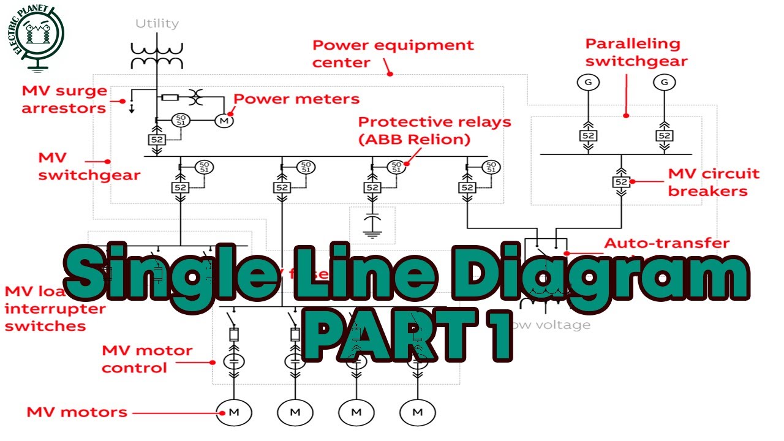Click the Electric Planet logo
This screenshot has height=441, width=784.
[x=38, y=38]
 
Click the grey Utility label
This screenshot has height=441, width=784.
[x=157, y=24]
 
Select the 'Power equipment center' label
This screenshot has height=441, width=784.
[x=393, y=54]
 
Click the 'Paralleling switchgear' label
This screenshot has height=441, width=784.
[x=636, y=52]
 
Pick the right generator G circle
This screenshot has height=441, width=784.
[x=664, y=82]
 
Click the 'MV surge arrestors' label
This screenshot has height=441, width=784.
[x=64, y=100]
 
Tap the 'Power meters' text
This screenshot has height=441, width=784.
[x=296, y=99]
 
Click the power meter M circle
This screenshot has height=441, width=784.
[x=223, y=121]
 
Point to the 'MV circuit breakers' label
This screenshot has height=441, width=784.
[x=714, y=182]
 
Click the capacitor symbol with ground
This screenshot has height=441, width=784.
[x=372, y=224]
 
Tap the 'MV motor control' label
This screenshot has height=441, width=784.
[x=146, y=359]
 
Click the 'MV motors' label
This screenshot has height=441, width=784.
[x=77, y=412]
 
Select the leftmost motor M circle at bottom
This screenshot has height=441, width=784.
[x=233, y=412]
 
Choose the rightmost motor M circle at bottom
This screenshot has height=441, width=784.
[x=418, y=412]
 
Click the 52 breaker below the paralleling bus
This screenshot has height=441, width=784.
[x=621, y=182]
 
